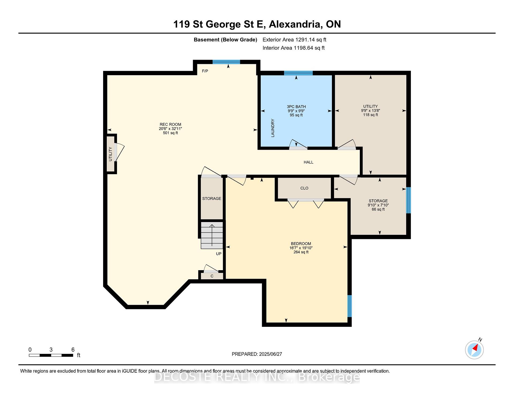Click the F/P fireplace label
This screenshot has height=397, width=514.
(205, 71)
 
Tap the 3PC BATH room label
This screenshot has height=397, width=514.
(296, 106)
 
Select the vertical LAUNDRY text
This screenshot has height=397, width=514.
(273, 128)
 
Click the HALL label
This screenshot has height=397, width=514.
(308, 162)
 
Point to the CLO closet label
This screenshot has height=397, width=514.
(304, 188)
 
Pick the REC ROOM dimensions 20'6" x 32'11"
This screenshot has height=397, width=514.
(171, 129)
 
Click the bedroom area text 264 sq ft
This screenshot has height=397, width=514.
(301, 252)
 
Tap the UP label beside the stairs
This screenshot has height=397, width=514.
(219, 254)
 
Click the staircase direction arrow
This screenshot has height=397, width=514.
(212, 235)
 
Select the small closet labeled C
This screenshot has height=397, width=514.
(212, 276)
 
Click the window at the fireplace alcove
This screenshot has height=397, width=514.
(226, 62)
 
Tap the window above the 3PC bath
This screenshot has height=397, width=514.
(298, 73)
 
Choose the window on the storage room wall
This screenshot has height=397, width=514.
(409, 200)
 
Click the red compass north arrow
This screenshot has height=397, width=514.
(475, 348)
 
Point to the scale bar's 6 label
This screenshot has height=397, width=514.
(73, 350)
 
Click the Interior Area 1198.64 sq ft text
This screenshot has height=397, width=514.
(293, 48)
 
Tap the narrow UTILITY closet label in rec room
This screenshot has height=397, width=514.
(110, 154)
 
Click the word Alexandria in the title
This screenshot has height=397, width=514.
(296, 24)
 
